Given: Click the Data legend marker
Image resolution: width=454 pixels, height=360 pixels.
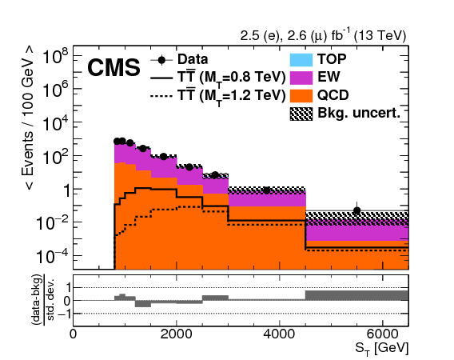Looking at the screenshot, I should (163, 59).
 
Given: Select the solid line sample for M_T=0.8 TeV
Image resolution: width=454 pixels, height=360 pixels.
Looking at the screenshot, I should (163, 78).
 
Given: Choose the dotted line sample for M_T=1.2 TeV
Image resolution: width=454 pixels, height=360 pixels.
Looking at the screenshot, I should (163, 96).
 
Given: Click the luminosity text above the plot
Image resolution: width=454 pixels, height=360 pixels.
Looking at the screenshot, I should (324, 35).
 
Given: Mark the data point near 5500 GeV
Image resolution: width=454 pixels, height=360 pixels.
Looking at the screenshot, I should (357, 210).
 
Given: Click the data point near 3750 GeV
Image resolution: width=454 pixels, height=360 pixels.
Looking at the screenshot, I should (267, 190).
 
